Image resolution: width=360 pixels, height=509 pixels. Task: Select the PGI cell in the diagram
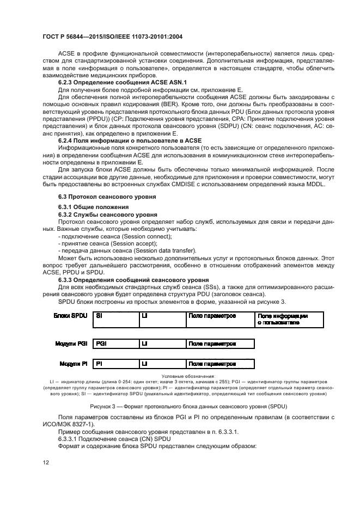[115, 344]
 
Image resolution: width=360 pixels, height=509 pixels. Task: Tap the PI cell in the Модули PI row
[115, 363]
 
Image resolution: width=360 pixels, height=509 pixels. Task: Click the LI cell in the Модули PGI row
[162, 344]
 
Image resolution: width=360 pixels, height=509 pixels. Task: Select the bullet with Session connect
[118, 236]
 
